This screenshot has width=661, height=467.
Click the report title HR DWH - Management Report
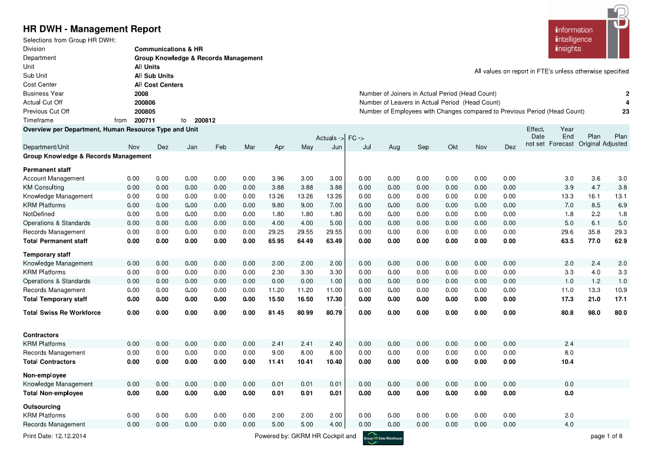(92, 29)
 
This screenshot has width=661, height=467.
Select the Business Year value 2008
(141, 94)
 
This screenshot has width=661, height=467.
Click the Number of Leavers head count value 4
(627, 102)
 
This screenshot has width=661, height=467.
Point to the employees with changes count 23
(625, 111)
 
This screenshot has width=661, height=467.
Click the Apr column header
(279, 147)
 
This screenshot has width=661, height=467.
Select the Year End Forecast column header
(561, 137)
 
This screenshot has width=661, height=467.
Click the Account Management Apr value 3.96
(277, 178)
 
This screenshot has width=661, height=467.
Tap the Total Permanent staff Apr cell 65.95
(276, 241)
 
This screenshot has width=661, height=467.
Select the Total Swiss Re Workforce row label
(62, 312)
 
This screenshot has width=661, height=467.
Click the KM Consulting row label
(43, 187)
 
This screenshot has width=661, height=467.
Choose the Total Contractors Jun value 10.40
(333, 362)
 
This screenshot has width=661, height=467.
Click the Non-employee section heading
(45, 375)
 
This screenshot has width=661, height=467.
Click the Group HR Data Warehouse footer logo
(383, 438)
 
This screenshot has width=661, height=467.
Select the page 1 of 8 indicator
(606, 436)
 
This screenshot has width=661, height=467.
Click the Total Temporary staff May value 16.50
(305, 299)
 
